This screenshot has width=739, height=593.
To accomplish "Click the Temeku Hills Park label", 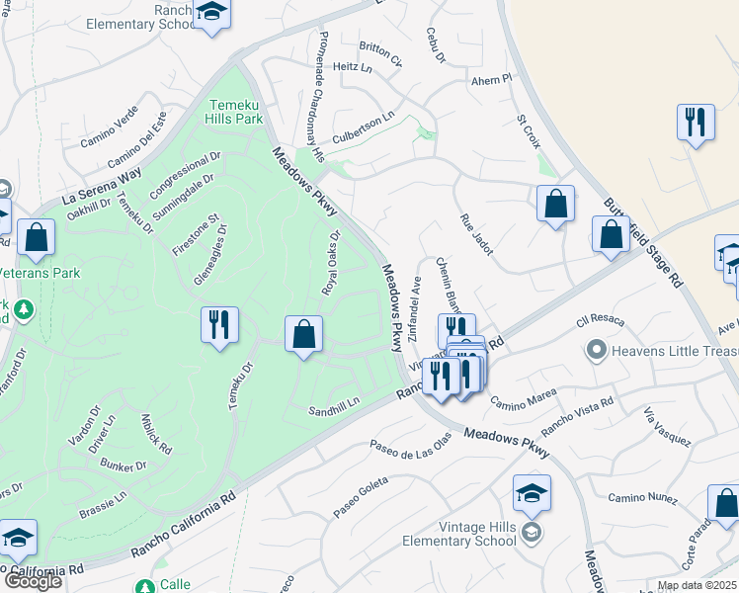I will [235, 111].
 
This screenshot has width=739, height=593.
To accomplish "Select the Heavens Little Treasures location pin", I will [596, 350].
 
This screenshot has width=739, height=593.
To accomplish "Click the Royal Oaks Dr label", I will [330, 263].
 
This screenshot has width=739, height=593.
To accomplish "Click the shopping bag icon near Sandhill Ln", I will [304, 335].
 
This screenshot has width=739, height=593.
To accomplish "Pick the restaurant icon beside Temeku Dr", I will [219, 325].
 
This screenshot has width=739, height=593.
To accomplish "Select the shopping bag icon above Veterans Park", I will [36, 238].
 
